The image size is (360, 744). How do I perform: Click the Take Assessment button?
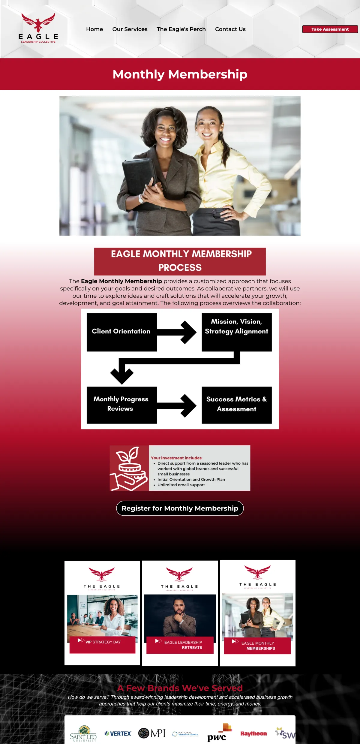330,29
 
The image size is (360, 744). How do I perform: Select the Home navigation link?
94,29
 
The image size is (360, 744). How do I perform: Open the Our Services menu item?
130,29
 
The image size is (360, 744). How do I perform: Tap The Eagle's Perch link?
181,29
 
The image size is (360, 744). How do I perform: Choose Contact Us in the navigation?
230,29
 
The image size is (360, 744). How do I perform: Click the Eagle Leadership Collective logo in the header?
38,28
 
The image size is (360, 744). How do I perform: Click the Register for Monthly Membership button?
180,508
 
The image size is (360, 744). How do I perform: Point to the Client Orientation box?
121,332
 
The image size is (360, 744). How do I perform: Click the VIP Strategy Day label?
103,642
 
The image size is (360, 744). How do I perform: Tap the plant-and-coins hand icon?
129,468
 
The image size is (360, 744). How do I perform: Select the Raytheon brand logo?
253,733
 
